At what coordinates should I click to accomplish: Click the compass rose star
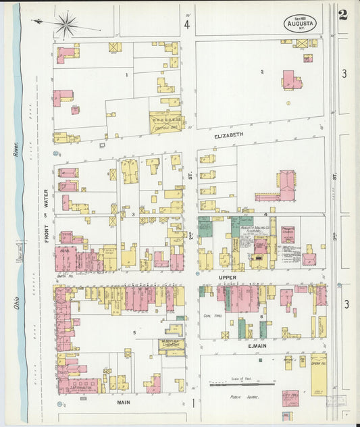tap(66, 26)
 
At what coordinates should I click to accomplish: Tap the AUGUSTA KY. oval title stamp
tap(300, 23)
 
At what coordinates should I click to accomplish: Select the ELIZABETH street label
tap(228, 135)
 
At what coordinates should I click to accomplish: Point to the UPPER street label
tap(227, 277)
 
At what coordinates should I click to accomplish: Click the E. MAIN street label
tap(259, 347)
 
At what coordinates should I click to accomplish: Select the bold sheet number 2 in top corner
tap(343, 15)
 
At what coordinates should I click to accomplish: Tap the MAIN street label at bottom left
tap(123, 403)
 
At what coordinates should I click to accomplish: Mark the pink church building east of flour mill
tap(288, 234)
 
